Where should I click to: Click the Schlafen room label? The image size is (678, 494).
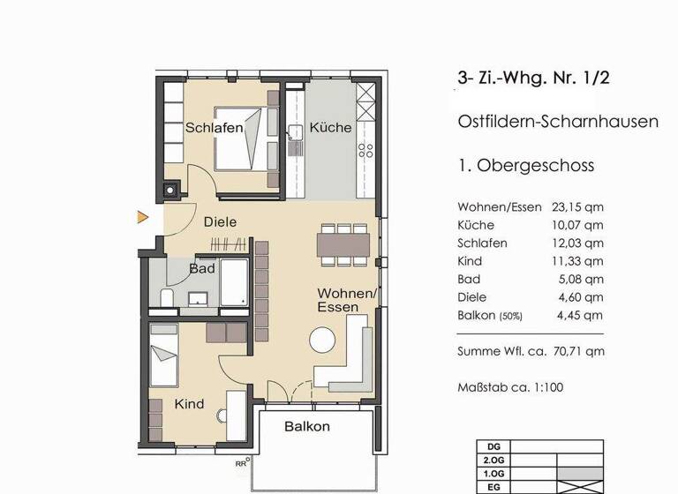214,129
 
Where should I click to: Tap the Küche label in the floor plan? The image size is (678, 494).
331,128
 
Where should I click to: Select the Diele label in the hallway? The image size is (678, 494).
220,222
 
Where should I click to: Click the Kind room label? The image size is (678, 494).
189,404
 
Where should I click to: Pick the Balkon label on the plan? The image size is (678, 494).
307,427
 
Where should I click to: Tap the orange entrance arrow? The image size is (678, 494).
141,216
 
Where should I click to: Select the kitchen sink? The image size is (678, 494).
296,134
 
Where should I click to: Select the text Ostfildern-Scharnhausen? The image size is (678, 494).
558,122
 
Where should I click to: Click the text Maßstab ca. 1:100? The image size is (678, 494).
510,386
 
